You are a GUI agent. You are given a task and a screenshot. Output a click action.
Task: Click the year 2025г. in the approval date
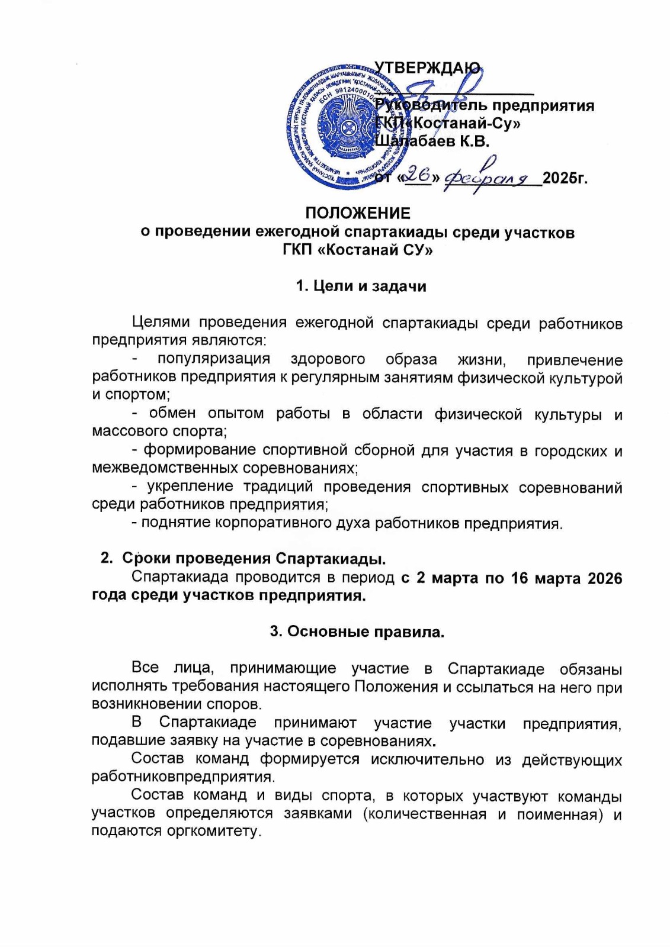coord(565,178)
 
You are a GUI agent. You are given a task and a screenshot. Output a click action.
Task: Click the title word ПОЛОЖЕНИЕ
coord(358,213)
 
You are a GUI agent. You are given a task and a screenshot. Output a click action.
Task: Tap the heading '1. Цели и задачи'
coord(361,286)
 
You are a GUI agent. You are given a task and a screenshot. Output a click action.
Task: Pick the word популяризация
coord(213,359)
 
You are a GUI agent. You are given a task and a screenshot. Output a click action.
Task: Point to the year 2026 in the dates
coord(604,578)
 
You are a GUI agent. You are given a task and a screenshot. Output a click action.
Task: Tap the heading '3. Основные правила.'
coord(357,632)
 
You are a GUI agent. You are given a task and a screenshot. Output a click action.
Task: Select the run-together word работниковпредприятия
coord(182,777)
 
